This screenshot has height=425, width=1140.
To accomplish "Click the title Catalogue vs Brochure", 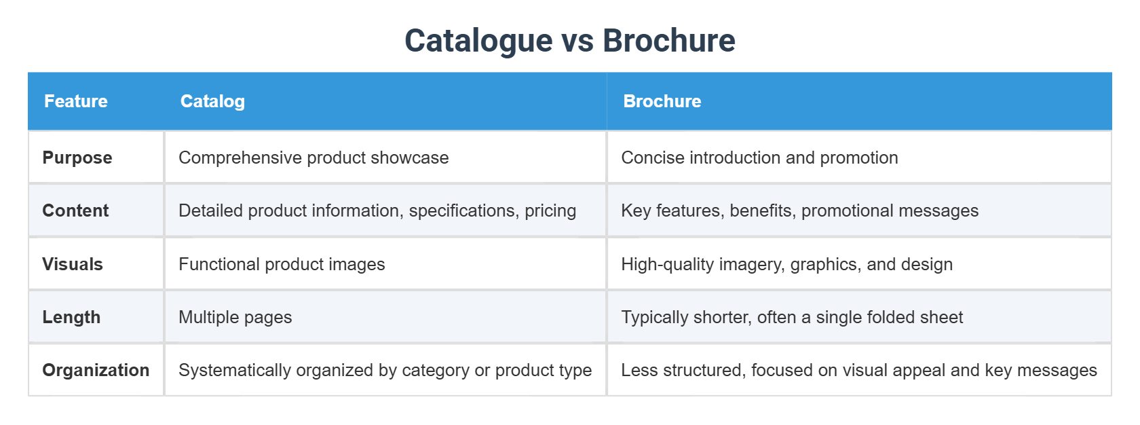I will (x=569, y=41).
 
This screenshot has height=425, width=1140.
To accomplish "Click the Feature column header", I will (x=76, y=101).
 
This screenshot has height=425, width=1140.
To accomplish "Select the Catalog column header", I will (x=212, y=101).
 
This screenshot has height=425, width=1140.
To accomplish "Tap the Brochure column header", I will (x=662, y=101).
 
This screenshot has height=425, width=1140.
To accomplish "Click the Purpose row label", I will (x=77, y=158).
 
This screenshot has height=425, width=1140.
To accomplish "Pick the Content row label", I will (x=75, y=210).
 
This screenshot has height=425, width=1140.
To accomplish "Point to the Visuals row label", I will (x=73, y=264).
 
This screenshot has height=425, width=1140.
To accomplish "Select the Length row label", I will (x=71, y=317).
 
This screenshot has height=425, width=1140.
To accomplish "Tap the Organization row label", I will (x=96, y=370).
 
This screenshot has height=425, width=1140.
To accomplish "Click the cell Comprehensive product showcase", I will (x=313, y=158).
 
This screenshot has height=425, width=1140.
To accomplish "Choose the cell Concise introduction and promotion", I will (x=759, y=158).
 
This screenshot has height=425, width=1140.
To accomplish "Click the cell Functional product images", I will (x=282, y=264).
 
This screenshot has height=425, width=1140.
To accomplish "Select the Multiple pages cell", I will (x=235, y=317).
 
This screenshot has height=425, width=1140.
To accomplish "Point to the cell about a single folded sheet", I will (x=792, y=317).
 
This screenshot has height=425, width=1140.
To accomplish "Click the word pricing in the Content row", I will (x=550, y=210).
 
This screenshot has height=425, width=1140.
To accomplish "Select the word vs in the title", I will (x=577, y=41).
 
